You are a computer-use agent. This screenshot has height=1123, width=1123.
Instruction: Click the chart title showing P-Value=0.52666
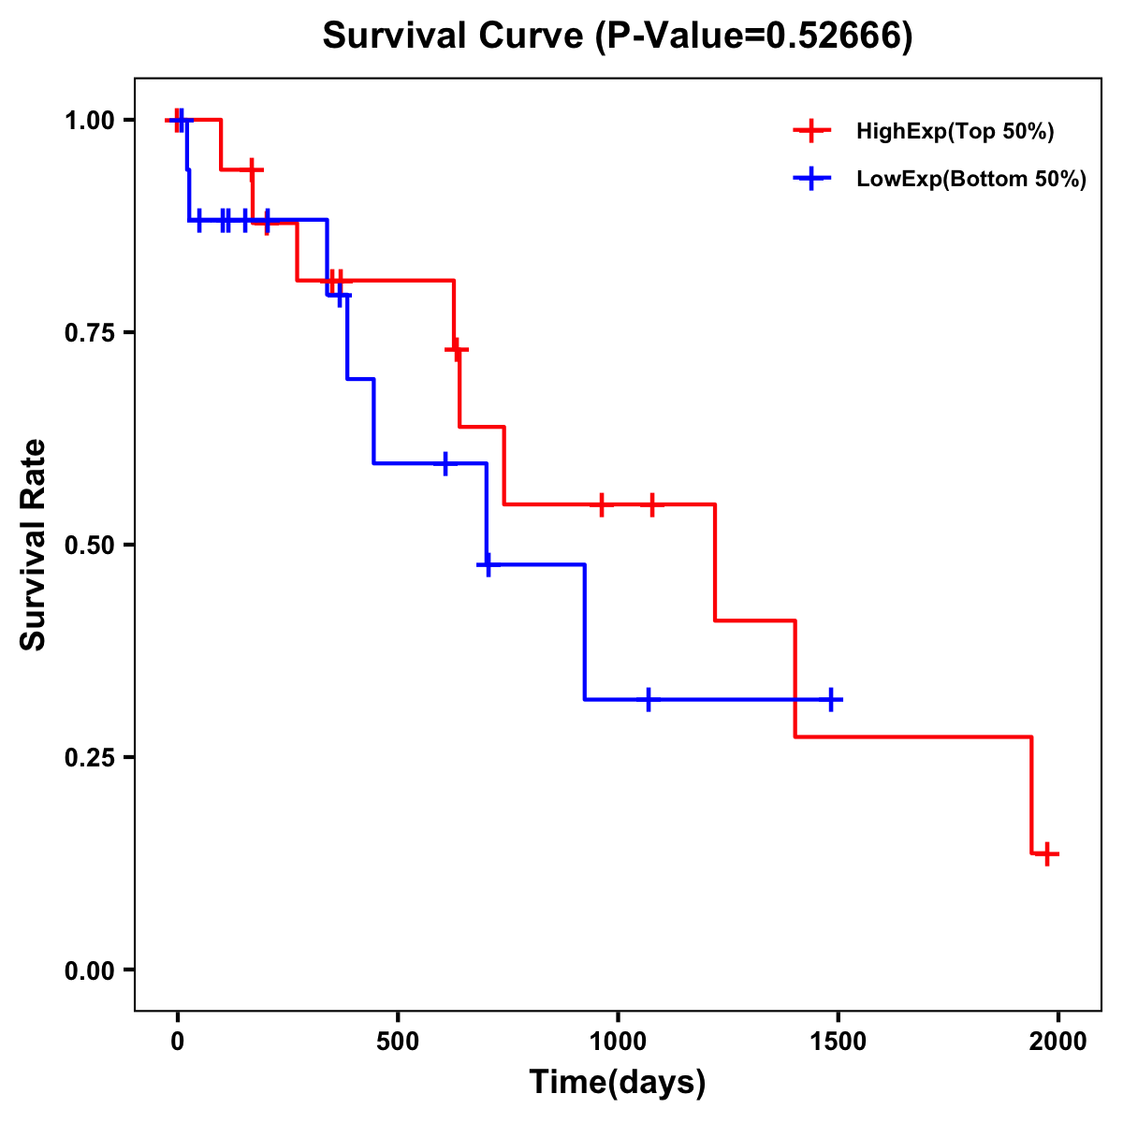[618, 36]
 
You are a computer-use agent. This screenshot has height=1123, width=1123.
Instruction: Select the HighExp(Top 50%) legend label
[955, 132]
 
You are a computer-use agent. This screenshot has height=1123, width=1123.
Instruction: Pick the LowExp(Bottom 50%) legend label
[971, 180]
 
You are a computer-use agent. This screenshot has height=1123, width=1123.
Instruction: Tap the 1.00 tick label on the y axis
[88, 121]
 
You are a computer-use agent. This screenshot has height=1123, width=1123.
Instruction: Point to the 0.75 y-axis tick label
[88, 333]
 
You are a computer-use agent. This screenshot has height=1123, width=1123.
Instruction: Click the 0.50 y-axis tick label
[88, 546]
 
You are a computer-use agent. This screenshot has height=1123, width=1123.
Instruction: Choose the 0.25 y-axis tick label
[88, 758]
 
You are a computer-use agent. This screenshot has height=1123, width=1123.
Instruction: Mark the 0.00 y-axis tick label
[88, 970]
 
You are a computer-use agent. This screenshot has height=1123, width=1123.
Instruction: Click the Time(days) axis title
[618, 1083]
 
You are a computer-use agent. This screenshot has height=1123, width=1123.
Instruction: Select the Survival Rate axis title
[34, 545]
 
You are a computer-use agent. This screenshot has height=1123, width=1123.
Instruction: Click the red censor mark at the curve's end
[1047, 853]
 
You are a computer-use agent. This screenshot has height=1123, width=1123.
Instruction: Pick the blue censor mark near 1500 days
[830, 699]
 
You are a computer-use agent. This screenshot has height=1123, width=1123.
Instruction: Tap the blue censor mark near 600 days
[445, 463]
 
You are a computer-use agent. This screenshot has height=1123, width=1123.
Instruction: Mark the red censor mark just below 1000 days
[602, 504]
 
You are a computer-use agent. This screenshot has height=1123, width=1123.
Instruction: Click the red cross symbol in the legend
[812, 132]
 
